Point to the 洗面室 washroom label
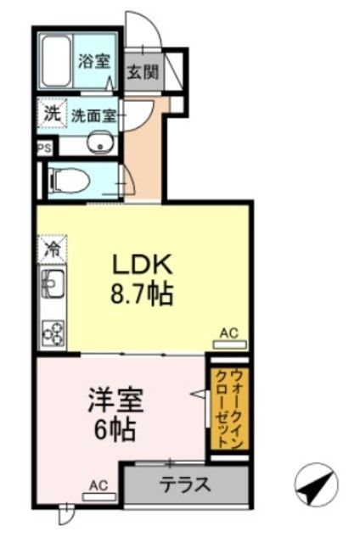(93, 115)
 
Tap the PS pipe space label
(43, 147)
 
